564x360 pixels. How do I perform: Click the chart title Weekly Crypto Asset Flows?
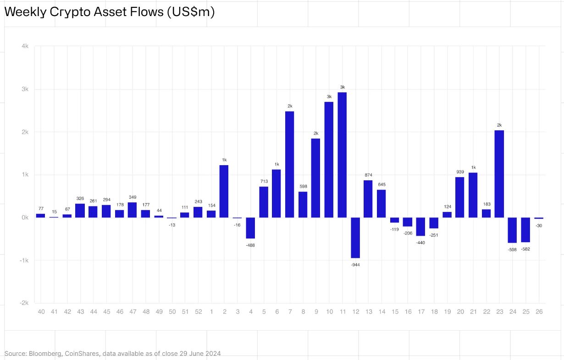pyautogui.click(x=109, y=12)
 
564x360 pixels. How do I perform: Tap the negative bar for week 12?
pyautogui.click(x=355, y=238)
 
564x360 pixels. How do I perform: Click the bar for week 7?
pyautogui.click(x=289, y=164)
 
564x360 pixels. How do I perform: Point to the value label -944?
pyautogui.click(x=355, y=265)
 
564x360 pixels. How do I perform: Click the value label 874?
pyautogui.click(x=368, y=175)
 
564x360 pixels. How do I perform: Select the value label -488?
pyautogui.click(x=250, y=245)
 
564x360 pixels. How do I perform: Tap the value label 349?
pyautogui.click(x=133, y=197)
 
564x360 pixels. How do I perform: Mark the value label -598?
pyautogui.click(x=512, y=249)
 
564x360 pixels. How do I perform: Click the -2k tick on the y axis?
pyautogui.click(x=24, y=303)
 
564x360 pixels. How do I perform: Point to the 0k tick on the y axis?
pyautogui.click(x=25, y=218)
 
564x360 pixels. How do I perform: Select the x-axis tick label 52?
pyautogui.click(x=198, y=312)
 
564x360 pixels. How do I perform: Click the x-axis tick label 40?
pyautogui.click(x=41, y=312)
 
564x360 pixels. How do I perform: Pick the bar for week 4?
pyautogui.click(x=250, y=228)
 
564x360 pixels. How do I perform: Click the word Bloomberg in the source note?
pyautogui.click(x=43, y=354)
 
